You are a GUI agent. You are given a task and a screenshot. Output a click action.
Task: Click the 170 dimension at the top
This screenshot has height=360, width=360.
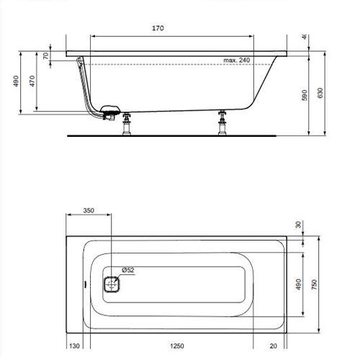[158, 28]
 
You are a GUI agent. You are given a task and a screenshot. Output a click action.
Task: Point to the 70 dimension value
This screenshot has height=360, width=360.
[46, 57]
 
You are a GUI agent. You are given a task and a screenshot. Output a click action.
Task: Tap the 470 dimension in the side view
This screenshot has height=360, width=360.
[32, 81]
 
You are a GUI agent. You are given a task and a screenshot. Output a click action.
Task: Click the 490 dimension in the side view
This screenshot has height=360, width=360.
[16, 81]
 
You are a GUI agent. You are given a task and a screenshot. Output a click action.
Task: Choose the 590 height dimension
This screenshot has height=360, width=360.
[305, 94]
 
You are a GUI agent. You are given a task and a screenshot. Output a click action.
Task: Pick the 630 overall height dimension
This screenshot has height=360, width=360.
[321, 94]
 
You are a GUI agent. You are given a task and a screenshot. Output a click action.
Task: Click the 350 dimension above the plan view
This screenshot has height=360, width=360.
[89, 211]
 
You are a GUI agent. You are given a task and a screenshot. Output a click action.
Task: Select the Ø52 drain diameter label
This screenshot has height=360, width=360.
[128, 269]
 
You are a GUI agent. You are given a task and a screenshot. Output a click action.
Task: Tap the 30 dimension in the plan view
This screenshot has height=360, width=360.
[298, 225]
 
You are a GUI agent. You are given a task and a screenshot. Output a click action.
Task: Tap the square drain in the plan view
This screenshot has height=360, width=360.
[112, 283]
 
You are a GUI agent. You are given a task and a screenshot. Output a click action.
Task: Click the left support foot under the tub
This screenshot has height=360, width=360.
[127, 123]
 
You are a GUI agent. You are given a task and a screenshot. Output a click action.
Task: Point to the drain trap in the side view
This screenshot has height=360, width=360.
[110, 112]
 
